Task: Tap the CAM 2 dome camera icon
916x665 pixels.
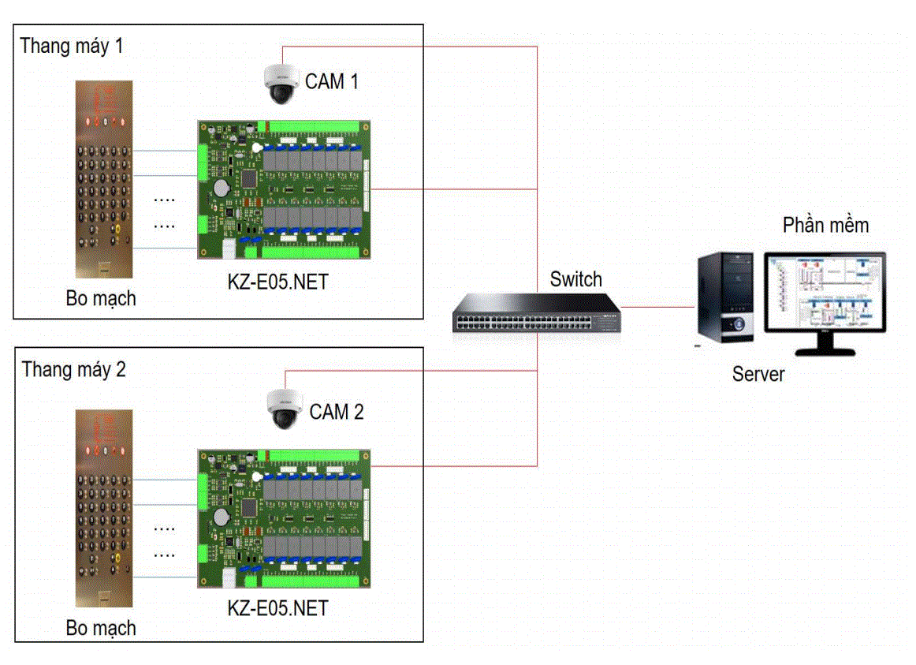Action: pos(284,409)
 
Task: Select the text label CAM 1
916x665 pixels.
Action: pos(332,81)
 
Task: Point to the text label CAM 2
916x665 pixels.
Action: pos(337,412)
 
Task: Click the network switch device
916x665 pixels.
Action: pos(537,312)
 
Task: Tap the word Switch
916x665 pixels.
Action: pos(575,279)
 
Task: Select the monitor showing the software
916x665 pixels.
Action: pos(825,300)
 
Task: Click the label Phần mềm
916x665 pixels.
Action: pos(825,226)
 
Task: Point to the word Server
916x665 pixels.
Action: pos(758,374)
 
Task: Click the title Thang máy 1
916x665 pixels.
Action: pos(72,46)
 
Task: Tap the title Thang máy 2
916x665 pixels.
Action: pos(73,369)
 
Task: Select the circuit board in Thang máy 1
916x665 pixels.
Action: pos(283,189)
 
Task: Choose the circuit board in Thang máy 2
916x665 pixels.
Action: pos(283,518)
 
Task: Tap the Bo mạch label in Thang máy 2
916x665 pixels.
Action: pos(101,629)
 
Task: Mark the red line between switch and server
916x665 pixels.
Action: pos(659,306)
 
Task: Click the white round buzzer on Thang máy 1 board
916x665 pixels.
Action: pos(256,148)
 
